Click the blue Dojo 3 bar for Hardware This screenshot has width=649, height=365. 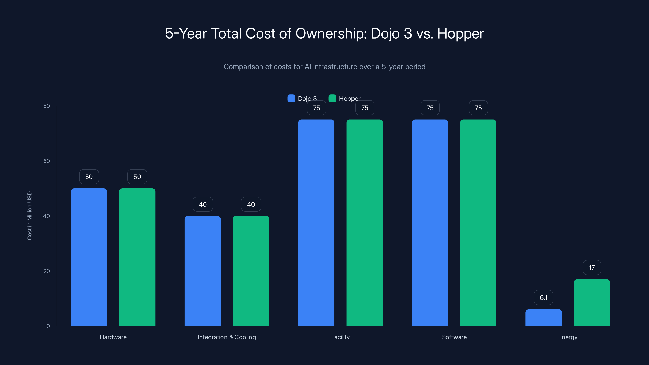(x=89, y=257)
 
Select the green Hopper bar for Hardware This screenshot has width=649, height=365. (x=137, y=257)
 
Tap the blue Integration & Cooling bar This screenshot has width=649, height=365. (x=203, y=271)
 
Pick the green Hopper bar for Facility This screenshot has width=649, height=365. (x=365, y=223)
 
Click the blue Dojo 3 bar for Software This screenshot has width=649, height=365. (x=430, y=223)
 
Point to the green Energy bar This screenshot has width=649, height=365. (x=592, y=303)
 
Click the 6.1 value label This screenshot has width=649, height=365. (x=544, y=297)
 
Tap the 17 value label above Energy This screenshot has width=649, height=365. (x=592, y=267)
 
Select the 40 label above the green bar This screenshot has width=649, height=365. (x=251, y=204)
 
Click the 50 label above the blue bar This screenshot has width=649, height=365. (x=89, y=177)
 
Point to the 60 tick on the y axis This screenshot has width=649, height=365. (x=47, y=161)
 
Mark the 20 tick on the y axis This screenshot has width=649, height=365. (x=47, y=271)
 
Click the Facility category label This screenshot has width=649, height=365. (x=340, y=337)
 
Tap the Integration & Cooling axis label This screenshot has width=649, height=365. (x=227, y=337)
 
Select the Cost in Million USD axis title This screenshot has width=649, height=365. (x=29, y=216)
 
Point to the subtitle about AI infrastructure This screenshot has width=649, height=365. (x=324, y=67)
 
